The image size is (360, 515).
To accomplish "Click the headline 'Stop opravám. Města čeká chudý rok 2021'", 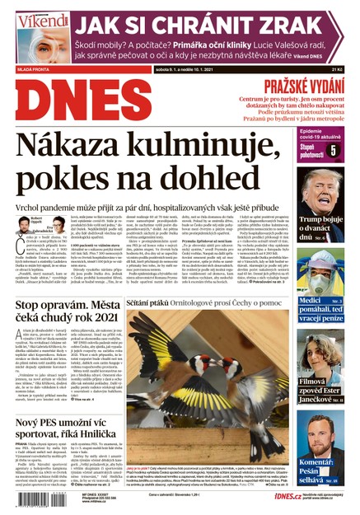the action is coord(62,318).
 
